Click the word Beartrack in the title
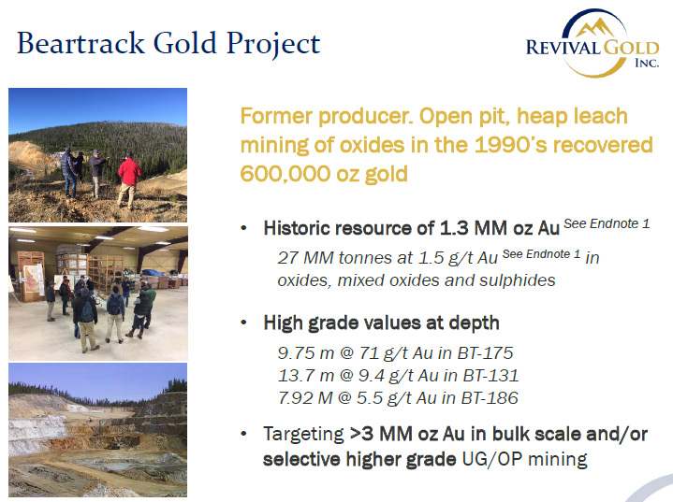(x=81, y=43)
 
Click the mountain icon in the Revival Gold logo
(x=595, y=27)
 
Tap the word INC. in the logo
(x=647, y=63)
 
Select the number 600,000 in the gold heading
(x=285, y=174)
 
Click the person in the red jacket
(x=128, y=180)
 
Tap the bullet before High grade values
(x=243, y=323)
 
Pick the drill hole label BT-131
(x=490, y=376)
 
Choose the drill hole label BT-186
(x=490, y=398)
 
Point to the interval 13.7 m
(x=306, y=376)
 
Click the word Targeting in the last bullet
(x=303, y=435)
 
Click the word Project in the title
(x=273, y=44)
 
